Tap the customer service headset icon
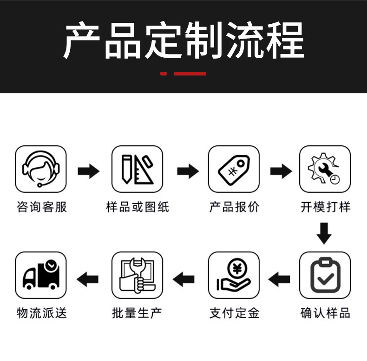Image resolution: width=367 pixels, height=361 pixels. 41,169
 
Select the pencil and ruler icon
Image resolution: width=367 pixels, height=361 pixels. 137,169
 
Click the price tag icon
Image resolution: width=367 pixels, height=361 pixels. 234,169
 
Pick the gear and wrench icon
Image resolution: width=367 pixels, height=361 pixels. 325,169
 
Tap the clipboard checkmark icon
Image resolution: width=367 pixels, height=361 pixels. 325,275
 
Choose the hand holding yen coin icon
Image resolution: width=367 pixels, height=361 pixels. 234,275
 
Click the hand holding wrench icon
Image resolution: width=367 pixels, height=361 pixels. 137,275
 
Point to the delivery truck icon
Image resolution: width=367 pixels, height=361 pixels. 41,275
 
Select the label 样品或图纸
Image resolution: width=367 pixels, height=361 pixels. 137,207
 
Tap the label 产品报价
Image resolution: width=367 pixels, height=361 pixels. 234,207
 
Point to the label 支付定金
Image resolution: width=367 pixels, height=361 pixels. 234,313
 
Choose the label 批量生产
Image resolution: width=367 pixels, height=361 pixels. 137,313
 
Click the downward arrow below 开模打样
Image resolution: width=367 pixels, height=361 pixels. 324,233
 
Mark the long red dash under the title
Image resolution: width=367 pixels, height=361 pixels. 190,74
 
